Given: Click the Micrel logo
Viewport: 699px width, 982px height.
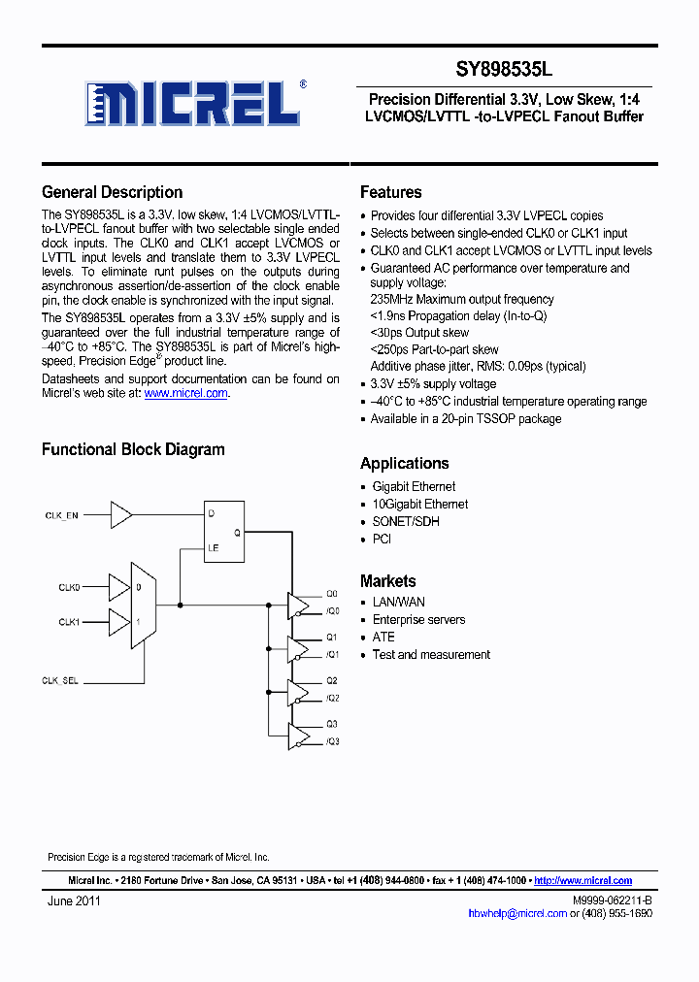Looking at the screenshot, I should point(195,103).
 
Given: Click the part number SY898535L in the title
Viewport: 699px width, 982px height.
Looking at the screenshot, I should point(505,70).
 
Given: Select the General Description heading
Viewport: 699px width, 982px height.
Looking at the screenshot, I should point(112,192).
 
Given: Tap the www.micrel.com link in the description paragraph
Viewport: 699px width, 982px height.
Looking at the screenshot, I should point(185,393).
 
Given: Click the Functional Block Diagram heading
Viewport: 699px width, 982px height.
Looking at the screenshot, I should point(133,449).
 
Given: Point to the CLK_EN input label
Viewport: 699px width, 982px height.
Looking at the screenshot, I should point(61,515).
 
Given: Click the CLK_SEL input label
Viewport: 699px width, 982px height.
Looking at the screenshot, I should point(60,681).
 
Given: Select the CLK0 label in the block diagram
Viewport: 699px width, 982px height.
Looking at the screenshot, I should point(69,587).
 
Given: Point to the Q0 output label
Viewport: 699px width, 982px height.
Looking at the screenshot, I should point(331,593).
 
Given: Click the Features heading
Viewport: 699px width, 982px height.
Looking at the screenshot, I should point(390,192).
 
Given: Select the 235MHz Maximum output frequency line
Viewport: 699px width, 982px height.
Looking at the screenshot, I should point(462,299).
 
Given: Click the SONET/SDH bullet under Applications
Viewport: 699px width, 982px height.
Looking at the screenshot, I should point(406,521).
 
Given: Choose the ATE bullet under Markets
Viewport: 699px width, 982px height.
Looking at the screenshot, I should point(383,637).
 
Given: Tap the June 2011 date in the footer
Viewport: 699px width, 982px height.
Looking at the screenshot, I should point(74,900).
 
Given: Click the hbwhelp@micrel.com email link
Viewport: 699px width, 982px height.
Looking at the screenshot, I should point(516,913).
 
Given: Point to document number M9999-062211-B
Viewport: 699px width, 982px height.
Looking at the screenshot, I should point(613,900).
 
